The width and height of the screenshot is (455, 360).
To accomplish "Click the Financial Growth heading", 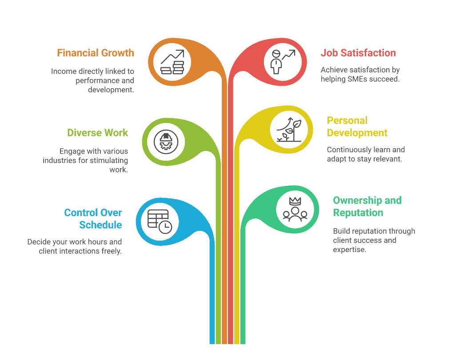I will click(x=95, y=53).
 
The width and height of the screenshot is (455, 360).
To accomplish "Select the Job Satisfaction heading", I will click(x=358, y=53).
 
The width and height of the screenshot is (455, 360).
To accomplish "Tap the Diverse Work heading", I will click(x=97, y=133).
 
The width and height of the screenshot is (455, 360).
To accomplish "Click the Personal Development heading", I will click(x=357, y=127).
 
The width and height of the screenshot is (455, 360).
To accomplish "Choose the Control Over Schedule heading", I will click(x=93, y=219).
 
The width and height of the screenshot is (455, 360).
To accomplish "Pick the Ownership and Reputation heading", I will click(x=367, y=206).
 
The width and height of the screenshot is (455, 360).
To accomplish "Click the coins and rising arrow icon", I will click(x=172, y=63).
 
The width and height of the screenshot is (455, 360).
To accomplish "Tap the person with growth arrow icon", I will click(x=283, y=62).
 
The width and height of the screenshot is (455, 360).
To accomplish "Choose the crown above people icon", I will click(x=295, y=209).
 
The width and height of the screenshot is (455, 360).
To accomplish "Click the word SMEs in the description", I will click(x=356, y=79).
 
